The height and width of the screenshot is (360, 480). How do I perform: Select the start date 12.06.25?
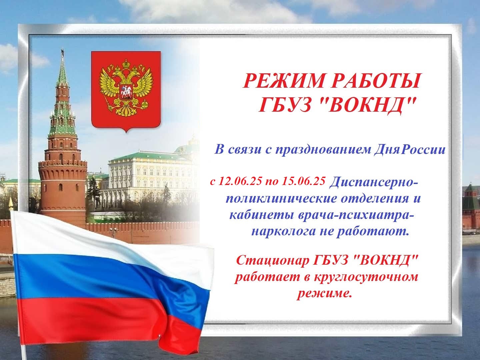240,181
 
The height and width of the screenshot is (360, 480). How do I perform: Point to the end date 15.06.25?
304,181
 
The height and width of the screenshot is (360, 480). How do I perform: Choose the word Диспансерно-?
374,183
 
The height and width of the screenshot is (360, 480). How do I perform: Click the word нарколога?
284,231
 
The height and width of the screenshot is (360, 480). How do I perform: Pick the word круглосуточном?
367,277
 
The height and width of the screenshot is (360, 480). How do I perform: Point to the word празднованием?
324,150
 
